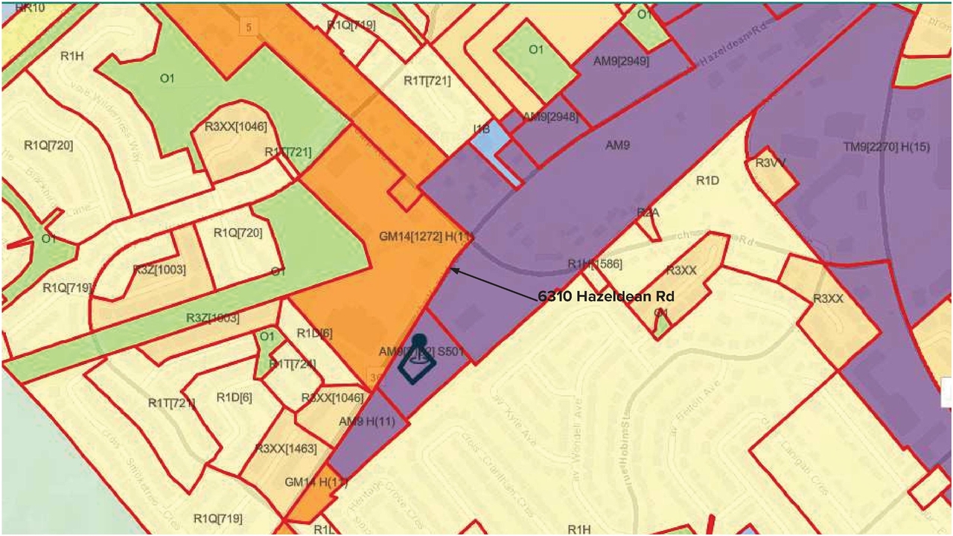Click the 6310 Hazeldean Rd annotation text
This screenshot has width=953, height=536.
coord(606,296)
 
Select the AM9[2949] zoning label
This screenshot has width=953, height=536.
coord(621,61)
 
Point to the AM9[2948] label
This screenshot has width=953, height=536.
coord(550,116)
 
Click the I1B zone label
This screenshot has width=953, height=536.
coord(482,129)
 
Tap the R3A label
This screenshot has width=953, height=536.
coord(648,213)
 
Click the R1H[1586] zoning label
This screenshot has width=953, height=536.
coord(595,264)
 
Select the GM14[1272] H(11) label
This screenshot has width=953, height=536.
coord(426,237)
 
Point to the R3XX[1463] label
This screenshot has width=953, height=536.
coord(286,449)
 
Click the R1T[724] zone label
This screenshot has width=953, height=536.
coord(293,364)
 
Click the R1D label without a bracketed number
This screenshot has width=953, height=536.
coord(708,180)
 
